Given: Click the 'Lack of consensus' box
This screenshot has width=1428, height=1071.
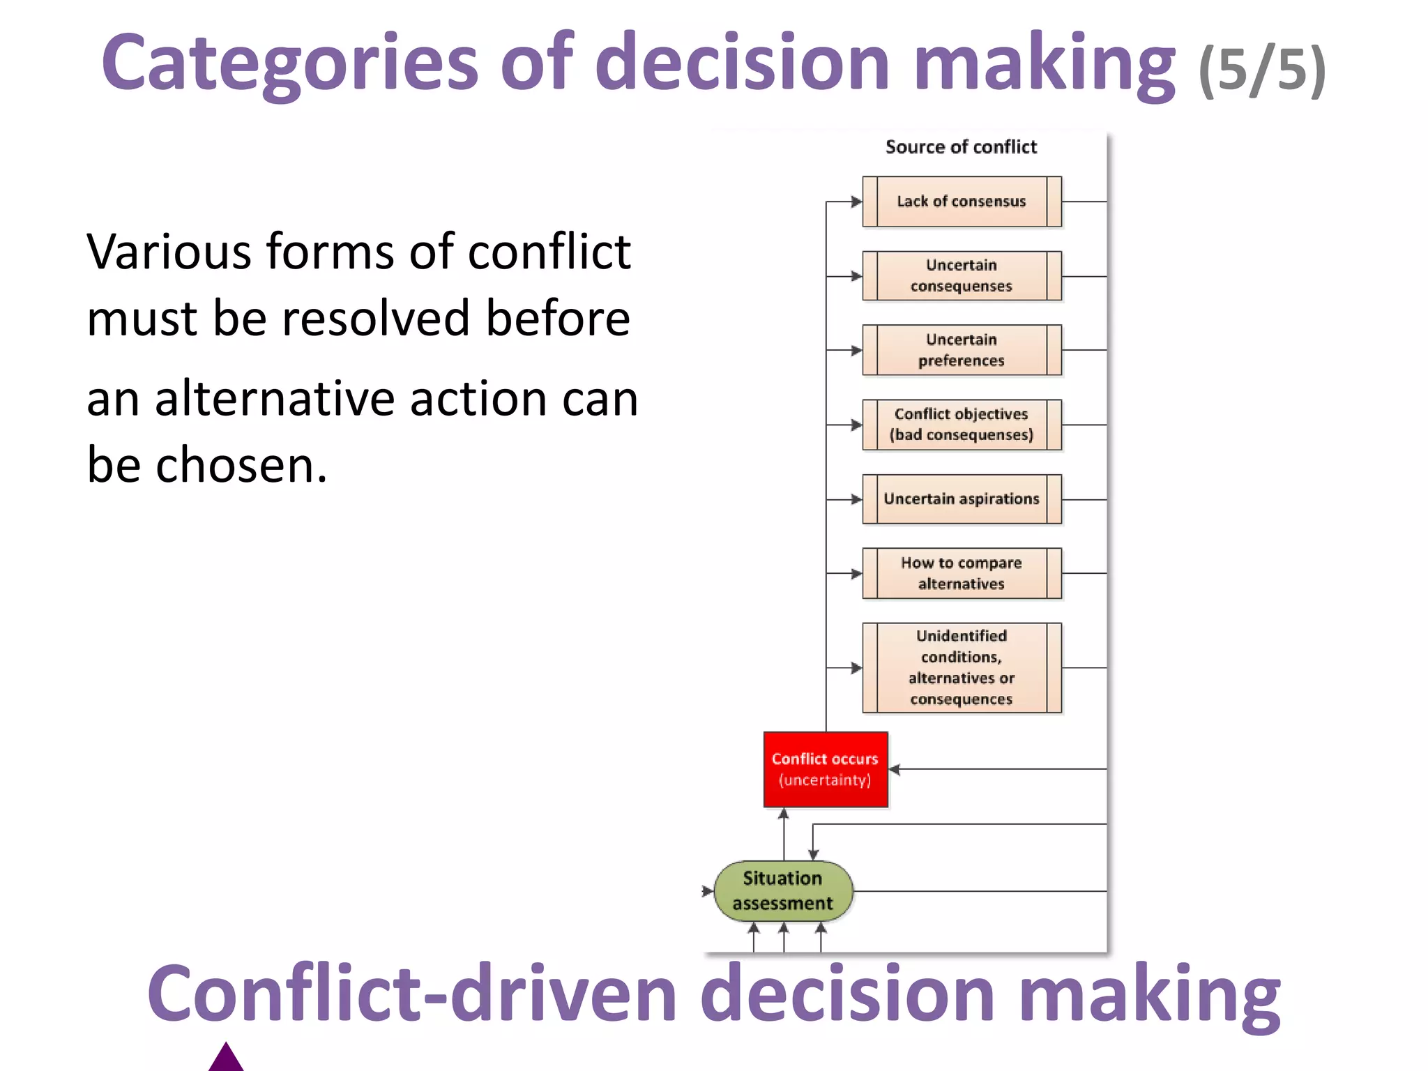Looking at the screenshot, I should coord(962,202).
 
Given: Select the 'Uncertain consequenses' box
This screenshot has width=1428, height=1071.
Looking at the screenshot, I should coord(962,276).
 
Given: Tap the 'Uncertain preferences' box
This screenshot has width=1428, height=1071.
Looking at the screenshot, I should coord(962,350).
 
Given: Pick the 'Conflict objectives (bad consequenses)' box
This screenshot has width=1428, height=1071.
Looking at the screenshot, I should coord(962,425).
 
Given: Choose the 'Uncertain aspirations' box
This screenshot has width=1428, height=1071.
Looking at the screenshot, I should coord(962,499).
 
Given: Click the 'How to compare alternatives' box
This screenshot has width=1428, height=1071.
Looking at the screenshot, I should coord(962,573).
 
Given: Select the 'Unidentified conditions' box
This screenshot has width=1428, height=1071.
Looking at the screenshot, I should coord(962,667).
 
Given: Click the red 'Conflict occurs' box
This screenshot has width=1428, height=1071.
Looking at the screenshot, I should coord(826,769).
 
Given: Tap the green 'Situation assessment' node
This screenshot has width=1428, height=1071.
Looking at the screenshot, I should coord(783,891).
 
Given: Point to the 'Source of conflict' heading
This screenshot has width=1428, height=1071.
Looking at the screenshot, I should coord(961,147).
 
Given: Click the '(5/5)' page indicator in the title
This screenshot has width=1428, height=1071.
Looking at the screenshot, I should coord(1261,70).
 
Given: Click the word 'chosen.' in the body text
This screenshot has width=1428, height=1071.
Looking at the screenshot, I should coord(241,465).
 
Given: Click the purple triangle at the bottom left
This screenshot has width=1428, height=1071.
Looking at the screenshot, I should coord(226,1058).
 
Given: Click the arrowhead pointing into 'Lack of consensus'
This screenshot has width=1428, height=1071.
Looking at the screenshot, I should coord(857,202).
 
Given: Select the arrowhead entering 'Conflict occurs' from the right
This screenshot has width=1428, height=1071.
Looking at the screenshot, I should coord(895,769).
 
